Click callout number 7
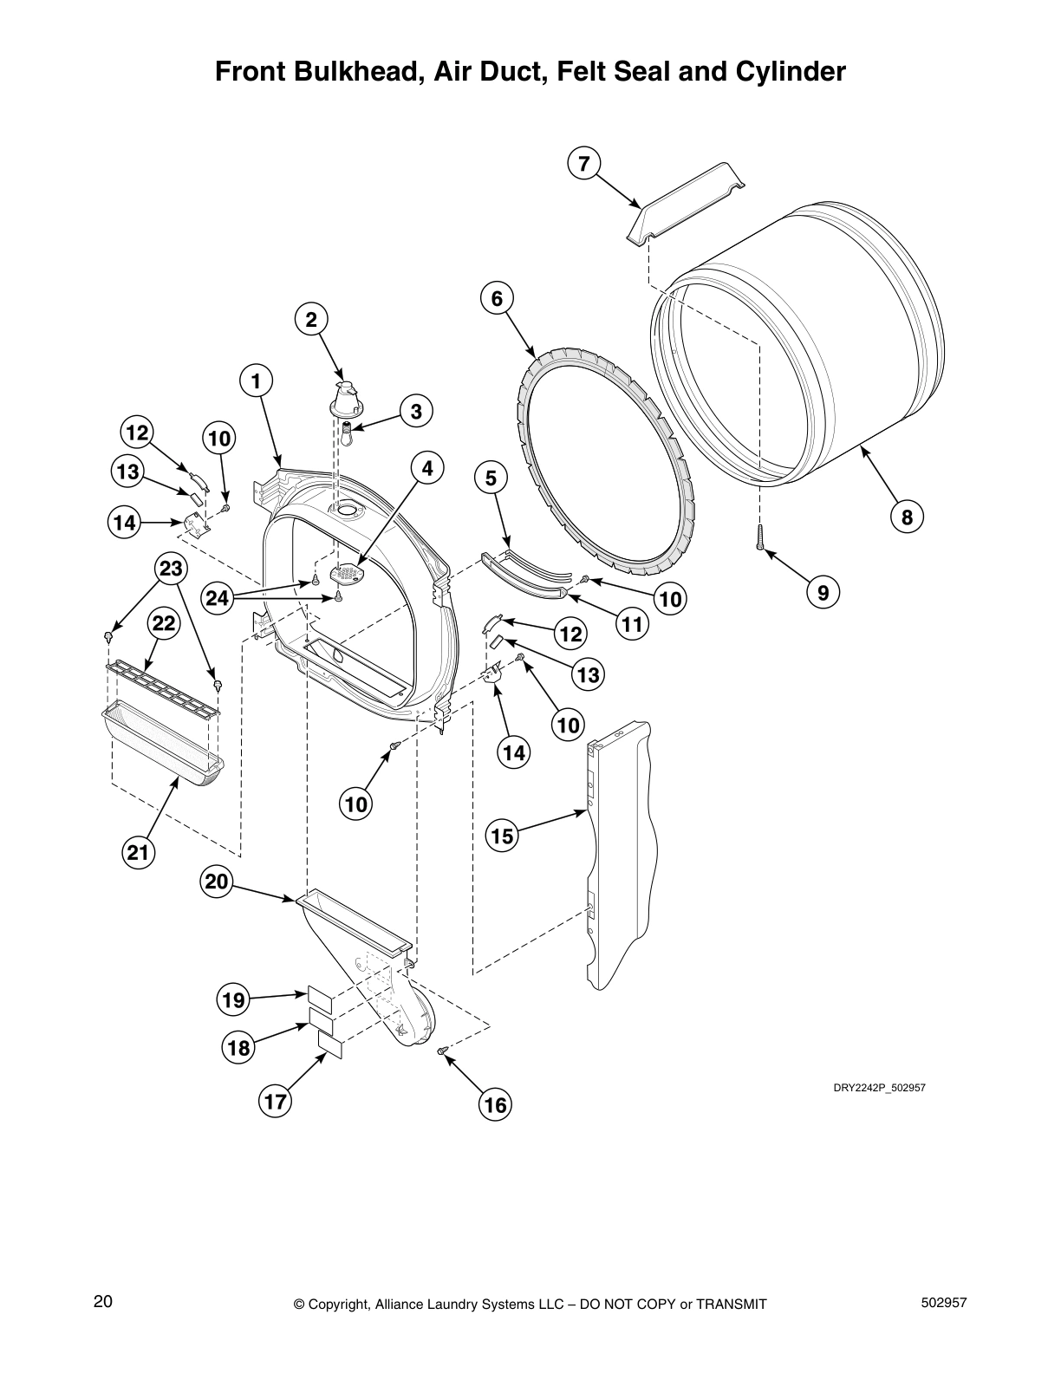(584, 163)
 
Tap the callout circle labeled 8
(907, 518)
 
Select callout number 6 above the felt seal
(497, 298)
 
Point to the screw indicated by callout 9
(759, 537)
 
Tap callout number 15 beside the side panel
(502, 836)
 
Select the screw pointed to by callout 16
(443, 1051)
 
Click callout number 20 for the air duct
(217, 882)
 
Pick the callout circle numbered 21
(138, 853)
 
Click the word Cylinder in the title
(791, 71)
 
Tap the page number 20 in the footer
(102, 1301)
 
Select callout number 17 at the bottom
(275, 1102)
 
